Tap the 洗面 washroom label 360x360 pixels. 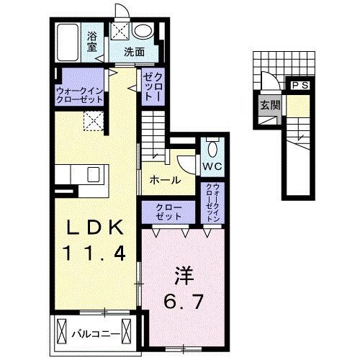tap(134, 51)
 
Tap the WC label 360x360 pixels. tap(212, 167)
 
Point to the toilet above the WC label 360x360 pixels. tap(212, 147)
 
